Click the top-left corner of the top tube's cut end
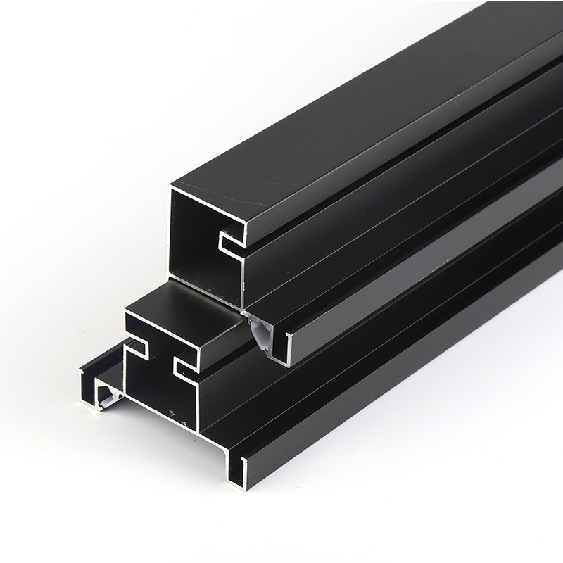point(173,187)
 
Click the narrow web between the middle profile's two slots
point(159,359)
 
